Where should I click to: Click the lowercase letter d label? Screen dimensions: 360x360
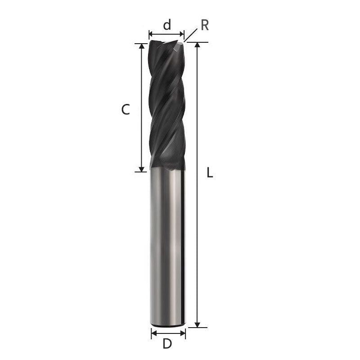click(167, 25)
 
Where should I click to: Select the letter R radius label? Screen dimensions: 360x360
click(205, 25)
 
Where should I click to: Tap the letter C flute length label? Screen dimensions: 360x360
click(126, 109)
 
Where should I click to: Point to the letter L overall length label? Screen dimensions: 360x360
click(210, 172)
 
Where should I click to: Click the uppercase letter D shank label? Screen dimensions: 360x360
click(167, 344)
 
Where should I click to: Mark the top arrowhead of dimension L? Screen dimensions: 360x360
click(197, 45)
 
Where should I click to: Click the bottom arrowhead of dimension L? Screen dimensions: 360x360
click(197, 324)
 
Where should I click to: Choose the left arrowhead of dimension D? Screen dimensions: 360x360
click(153, 333)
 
